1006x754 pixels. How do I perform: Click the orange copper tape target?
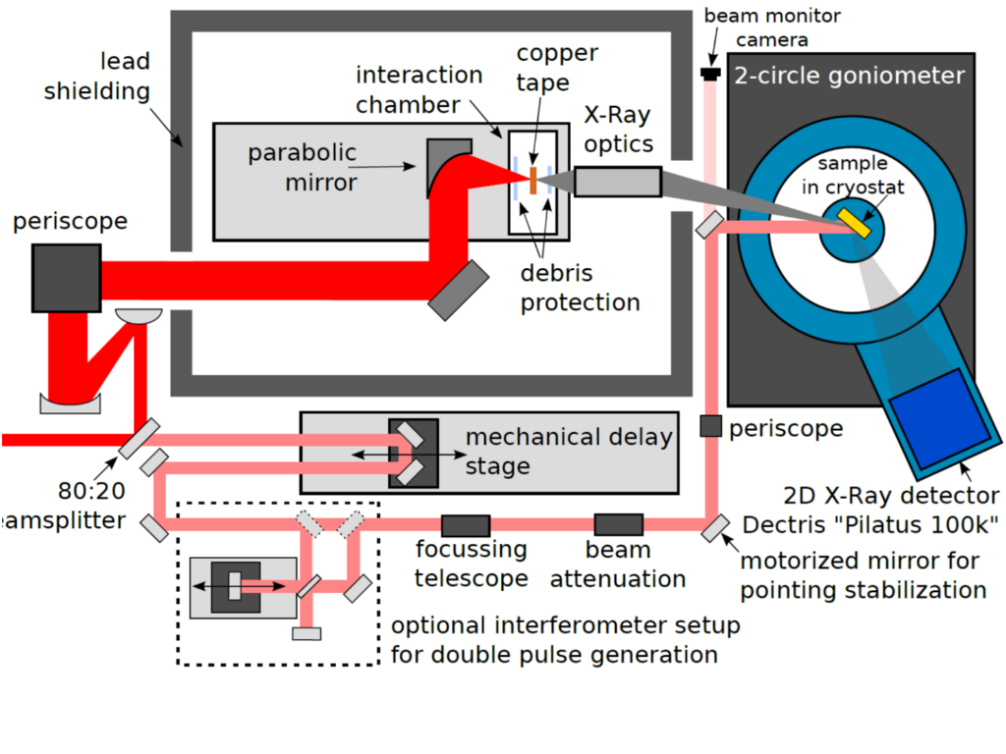point(532,181)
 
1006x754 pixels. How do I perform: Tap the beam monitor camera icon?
point(708,73)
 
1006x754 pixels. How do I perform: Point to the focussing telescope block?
point(466,525)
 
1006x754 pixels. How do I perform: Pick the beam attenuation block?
point(618,525)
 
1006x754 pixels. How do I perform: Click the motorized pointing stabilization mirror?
point(714,529)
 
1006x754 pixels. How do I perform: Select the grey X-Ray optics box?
point(617,182)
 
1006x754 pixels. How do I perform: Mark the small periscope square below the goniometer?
point(711,426)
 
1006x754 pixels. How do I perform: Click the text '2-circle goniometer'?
point(850,76)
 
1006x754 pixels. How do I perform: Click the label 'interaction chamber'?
point(419,89)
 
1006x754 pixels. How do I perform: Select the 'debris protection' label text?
point(580,288)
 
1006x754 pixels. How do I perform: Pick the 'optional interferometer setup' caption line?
point(565,625)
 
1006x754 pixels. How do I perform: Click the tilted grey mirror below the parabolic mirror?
point(457,289)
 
